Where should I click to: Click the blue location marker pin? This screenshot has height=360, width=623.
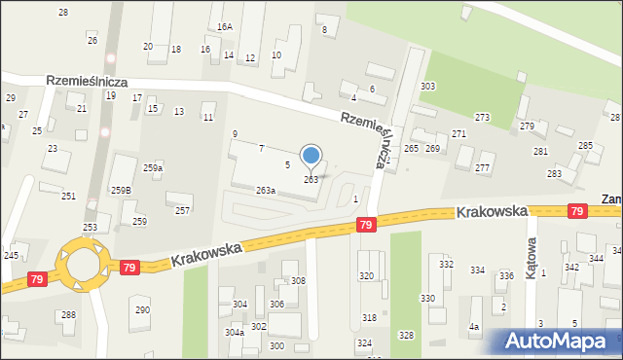[311, 157]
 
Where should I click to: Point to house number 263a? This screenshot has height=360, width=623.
[266, 191]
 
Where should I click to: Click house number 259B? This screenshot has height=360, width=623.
[121, 190]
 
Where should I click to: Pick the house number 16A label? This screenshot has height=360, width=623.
[225, 27]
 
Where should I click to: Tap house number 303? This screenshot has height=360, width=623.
[427, 87]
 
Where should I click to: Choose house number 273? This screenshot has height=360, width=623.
[482, 117]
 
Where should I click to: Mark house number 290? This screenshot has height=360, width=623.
[142, 309]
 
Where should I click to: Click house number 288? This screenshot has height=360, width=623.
[68, 314]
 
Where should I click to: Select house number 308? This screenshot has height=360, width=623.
[298, 280]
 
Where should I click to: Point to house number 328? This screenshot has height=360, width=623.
[406, 335]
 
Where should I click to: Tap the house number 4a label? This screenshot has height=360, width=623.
[474, 327]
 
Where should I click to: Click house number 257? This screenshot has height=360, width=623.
[182, 210]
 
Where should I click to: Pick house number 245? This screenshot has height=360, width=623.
[12, 255]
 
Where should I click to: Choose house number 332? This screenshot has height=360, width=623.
[446, 264]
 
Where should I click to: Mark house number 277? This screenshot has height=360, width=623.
[482, 168]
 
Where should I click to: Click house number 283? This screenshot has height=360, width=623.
[554, 173]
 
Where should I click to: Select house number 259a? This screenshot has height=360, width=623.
[153, 168]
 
